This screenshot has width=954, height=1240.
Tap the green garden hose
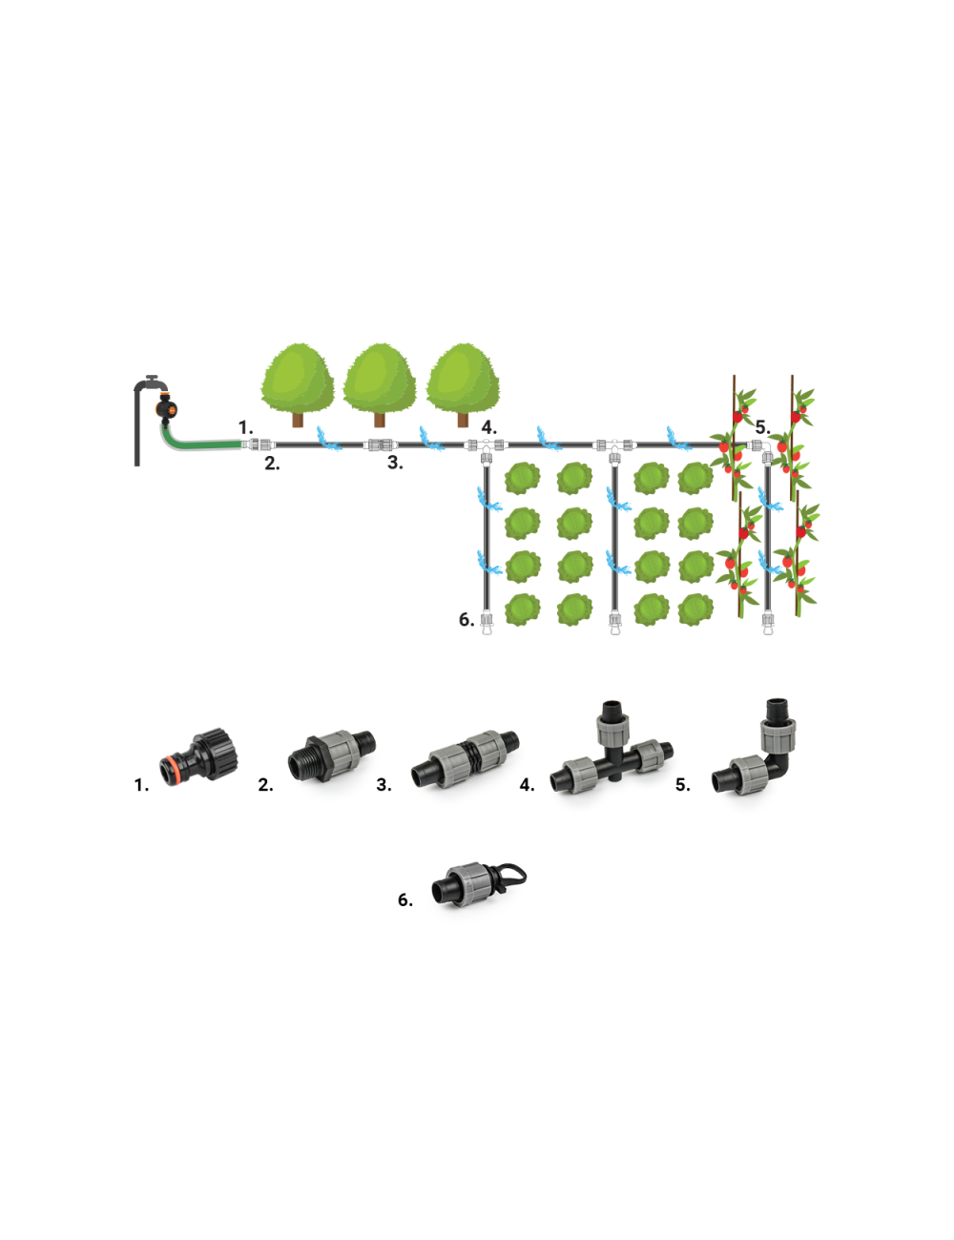[200, 444]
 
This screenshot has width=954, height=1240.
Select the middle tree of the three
[380, 382]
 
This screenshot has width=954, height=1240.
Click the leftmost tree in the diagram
[298, 382]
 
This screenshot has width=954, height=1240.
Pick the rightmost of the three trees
[463, 382]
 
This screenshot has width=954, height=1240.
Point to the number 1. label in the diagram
[245, 428]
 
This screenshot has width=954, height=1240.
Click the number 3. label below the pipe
[395, 464]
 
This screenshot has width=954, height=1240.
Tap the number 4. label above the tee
[488, 428]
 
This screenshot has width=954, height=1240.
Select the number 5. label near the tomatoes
[762, 427]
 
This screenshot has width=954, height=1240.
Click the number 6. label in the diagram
[467, 620]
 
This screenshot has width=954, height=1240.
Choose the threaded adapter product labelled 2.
[331, 754]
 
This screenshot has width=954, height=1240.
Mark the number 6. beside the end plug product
[405, 900]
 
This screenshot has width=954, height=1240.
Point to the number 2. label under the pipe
[272, 465]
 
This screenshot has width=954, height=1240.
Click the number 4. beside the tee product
[527, 785]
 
